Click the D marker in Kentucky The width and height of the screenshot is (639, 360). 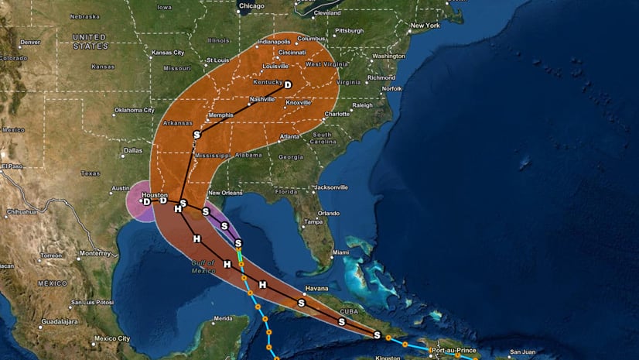288,85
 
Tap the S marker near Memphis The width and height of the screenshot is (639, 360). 197,135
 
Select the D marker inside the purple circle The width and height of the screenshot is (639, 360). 146,201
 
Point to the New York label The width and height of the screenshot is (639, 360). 425,26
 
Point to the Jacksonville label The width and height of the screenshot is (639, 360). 332,187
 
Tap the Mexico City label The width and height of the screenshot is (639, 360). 111,338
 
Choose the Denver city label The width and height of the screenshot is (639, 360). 30,43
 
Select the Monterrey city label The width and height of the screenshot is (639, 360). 96,253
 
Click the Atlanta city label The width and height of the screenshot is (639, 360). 291,136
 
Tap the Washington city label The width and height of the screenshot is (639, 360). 388,57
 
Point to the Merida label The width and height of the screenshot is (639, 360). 224,318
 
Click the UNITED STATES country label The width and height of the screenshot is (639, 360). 91,41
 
